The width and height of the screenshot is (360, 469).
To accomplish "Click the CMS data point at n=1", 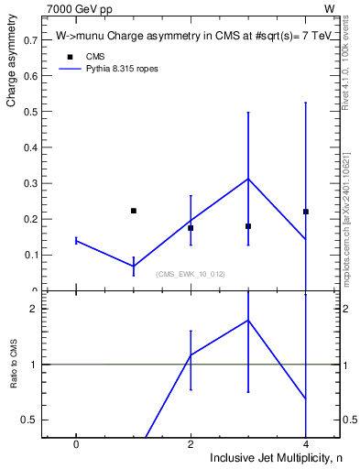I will tap(134, 211).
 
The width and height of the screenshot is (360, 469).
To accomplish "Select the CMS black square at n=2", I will tap(191, 228).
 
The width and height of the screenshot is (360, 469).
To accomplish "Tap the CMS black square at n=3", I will tap(248, 226).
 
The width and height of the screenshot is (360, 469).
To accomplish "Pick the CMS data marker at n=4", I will tap(306, 212).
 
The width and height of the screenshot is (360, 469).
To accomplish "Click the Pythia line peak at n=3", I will tap(248, 179).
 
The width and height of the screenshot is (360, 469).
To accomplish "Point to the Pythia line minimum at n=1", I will tap(134, 266).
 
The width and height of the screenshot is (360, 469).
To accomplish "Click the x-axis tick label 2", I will tap(191, 443).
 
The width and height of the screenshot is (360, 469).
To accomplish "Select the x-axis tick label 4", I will tap(306, 443).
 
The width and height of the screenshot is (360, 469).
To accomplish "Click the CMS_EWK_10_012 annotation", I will tap(190, 274).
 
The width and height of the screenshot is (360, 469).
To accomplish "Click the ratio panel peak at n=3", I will tap(248, 320).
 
